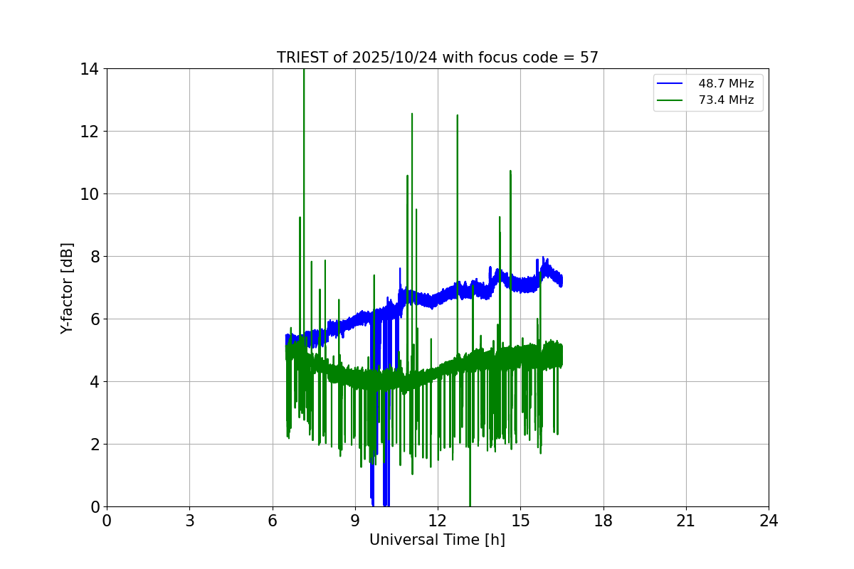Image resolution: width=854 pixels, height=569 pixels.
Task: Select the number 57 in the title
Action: [589, 58]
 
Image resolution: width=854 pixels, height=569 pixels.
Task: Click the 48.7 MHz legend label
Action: [726, 84]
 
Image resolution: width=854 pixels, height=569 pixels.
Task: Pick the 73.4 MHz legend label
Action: [726, 100]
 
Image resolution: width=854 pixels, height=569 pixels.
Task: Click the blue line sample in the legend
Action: [670, 84]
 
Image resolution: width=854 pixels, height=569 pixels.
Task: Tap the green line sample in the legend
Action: [670, 100]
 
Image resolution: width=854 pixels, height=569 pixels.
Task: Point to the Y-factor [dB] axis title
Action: [67, 288]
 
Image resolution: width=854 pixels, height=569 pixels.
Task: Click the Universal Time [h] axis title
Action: [437, 540]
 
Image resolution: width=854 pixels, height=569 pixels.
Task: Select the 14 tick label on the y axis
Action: [90, 69]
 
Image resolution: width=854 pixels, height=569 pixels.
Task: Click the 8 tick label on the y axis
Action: [94, 257]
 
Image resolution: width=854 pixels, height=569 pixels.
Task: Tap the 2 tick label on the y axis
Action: [94, 445]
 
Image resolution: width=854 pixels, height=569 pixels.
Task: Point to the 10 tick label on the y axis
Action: [90, 194]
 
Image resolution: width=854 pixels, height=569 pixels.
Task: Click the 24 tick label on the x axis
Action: [769, 521]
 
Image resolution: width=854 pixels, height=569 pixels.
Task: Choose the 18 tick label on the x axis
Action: [603, 521]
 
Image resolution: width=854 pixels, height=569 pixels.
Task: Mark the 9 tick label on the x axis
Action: [355, 521]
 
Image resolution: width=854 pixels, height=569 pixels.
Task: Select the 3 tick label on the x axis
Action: [189, 521]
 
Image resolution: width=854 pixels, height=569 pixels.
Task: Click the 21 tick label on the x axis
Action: [686, 521]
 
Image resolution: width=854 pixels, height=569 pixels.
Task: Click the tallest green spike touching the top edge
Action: [304, 71]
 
